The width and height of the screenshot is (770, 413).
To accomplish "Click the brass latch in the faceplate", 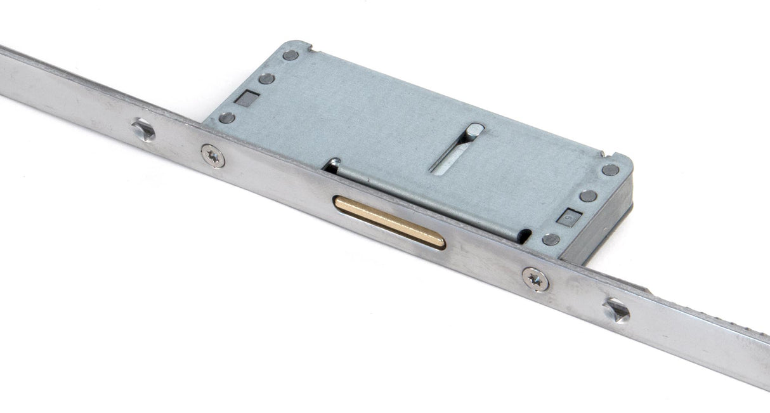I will [x=389, y=222].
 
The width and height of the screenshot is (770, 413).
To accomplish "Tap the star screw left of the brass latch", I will [x=212, y=155].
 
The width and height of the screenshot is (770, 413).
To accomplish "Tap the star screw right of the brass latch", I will [x=535, y=279].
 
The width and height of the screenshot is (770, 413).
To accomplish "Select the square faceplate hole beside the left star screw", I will [x=143, y=130].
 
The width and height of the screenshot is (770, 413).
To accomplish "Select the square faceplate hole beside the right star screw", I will [x=617, y=310].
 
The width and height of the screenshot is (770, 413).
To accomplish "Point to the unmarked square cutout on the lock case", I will [x=246, y=98].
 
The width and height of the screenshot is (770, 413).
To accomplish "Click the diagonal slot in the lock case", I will [x=455, y=150].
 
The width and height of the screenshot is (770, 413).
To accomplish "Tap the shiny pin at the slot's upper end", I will [x=474, y=131].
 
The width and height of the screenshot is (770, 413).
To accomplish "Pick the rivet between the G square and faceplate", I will [x=551, y=239].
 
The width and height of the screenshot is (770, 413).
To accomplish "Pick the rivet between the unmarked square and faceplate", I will [x=226, y=117].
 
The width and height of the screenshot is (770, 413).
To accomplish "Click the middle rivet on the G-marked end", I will [x=589, y=196].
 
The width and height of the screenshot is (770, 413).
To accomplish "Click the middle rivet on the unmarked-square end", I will [x=267, y=79].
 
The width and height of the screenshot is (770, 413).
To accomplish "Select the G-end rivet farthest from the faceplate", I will [x=610, y=169].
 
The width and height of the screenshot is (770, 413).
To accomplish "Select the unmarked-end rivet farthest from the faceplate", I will [x=290, y=55].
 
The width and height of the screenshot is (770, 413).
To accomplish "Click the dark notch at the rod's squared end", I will [x=525, y=236].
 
